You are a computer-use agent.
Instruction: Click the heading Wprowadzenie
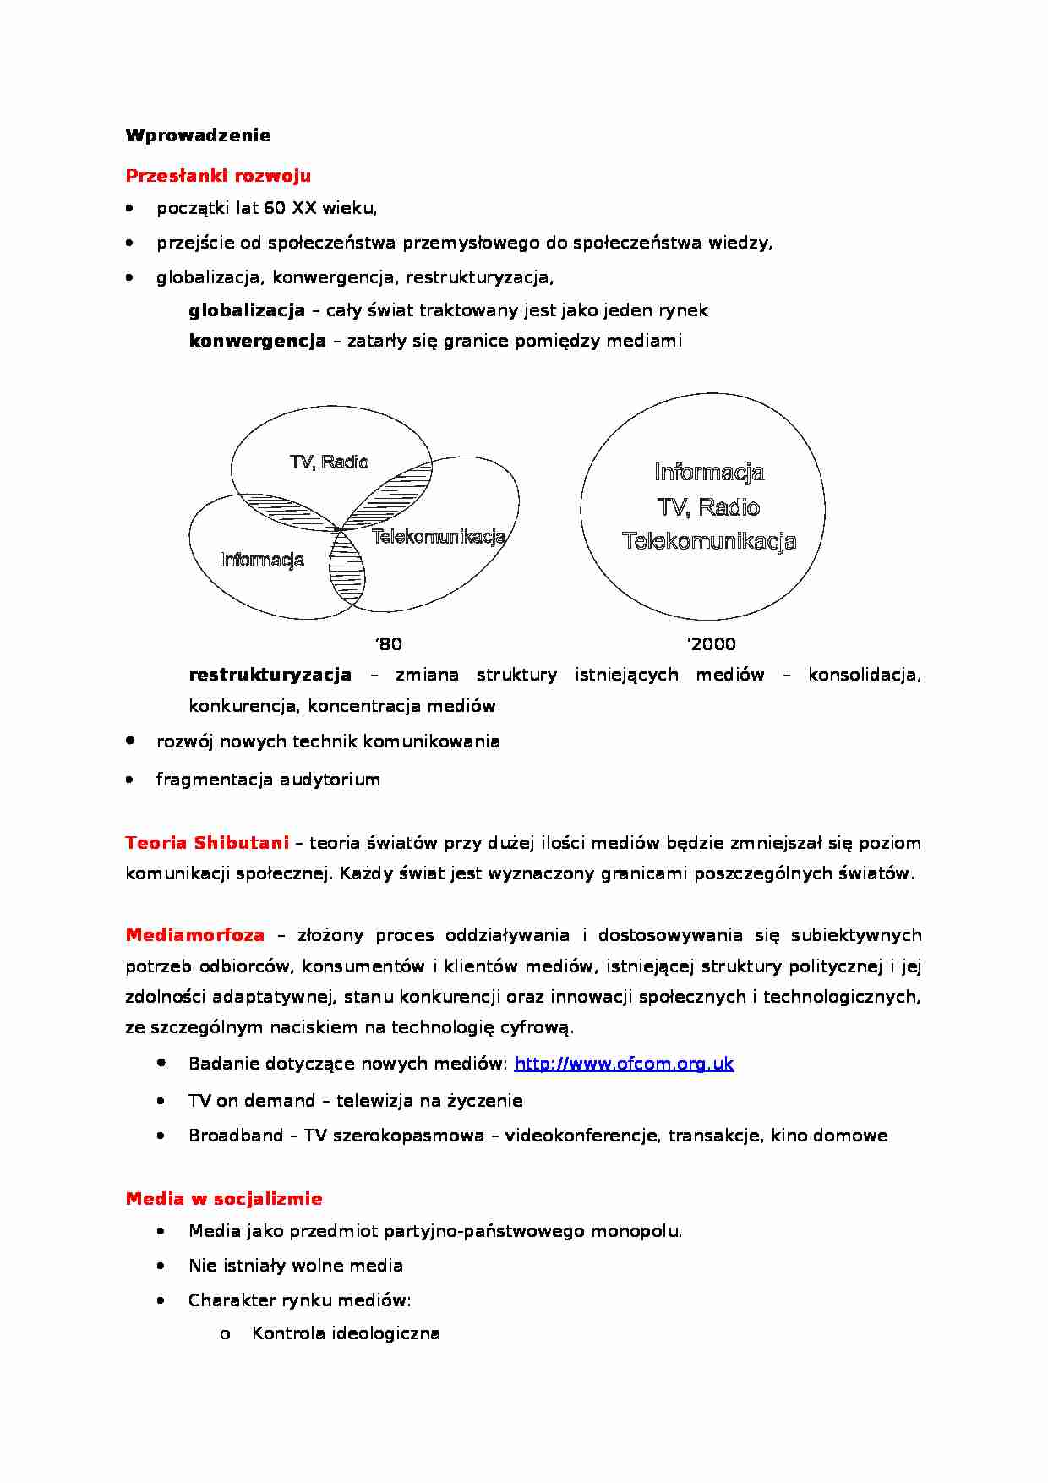198,135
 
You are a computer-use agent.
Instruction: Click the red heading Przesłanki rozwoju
218,176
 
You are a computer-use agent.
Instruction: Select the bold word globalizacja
247,310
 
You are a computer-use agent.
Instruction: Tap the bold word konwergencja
257,341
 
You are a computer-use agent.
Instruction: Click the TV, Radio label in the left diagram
329,462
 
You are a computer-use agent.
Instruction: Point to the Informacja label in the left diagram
261,560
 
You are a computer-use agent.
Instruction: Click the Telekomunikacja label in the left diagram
438,536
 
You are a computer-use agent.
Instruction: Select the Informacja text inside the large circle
708,472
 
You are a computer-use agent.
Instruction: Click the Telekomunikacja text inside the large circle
708,541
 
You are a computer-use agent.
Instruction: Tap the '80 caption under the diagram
388,644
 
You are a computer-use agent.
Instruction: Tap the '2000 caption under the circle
711,644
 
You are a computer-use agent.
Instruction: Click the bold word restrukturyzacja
270,675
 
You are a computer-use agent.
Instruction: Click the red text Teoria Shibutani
207,843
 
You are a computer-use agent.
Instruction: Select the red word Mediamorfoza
194,935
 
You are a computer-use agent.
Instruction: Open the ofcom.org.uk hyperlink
624,1064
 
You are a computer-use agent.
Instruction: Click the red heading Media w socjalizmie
224,1199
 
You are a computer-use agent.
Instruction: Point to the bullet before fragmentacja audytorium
129,780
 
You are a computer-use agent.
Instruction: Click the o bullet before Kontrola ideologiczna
225,1334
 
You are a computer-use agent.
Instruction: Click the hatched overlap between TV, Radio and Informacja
283,510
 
